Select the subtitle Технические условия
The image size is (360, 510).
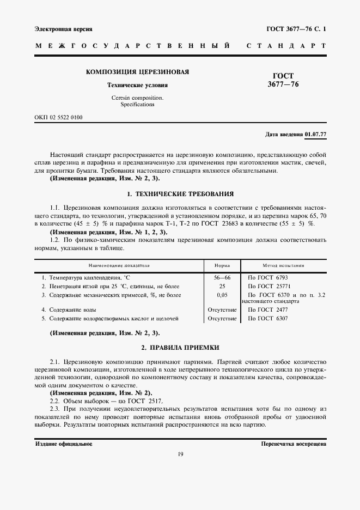pos(137,86)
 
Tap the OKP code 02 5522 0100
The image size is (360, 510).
pos(59,117)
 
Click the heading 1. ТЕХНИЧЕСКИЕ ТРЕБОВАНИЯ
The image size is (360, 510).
pos(180,193)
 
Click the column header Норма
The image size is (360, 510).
pos(222,265)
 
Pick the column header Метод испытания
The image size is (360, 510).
pos(283,265)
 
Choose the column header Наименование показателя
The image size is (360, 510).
pos(119,265)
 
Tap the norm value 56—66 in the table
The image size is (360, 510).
pos(222,277)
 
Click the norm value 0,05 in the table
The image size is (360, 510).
pos(222,295)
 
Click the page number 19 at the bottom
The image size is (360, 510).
pos(180,455)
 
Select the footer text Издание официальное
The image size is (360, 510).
pos(64,444)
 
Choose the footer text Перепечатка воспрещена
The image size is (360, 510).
pos(294,444)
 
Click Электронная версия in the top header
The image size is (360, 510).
pos(63,28)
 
